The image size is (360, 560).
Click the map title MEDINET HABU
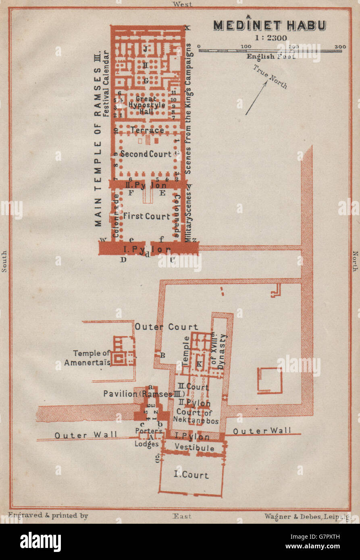coord(269,25)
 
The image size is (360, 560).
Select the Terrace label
coord(147,130)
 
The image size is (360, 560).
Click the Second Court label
coord(146,154)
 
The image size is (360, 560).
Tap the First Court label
coord(146,216)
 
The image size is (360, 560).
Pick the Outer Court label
coord(166,327)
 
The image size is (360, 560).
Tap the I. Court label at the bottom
coord(191,475)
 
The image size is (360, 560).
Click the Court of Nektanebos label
coord(196,415)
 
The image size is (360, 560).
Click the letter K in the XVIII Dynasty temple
coord(199,364)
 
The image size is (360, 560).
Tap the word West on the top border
coord(182,4)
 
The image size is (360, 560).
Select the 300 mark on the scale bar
coord(340,47)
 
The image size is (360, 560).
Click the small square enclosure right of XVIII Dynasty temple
coord(270,380)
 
